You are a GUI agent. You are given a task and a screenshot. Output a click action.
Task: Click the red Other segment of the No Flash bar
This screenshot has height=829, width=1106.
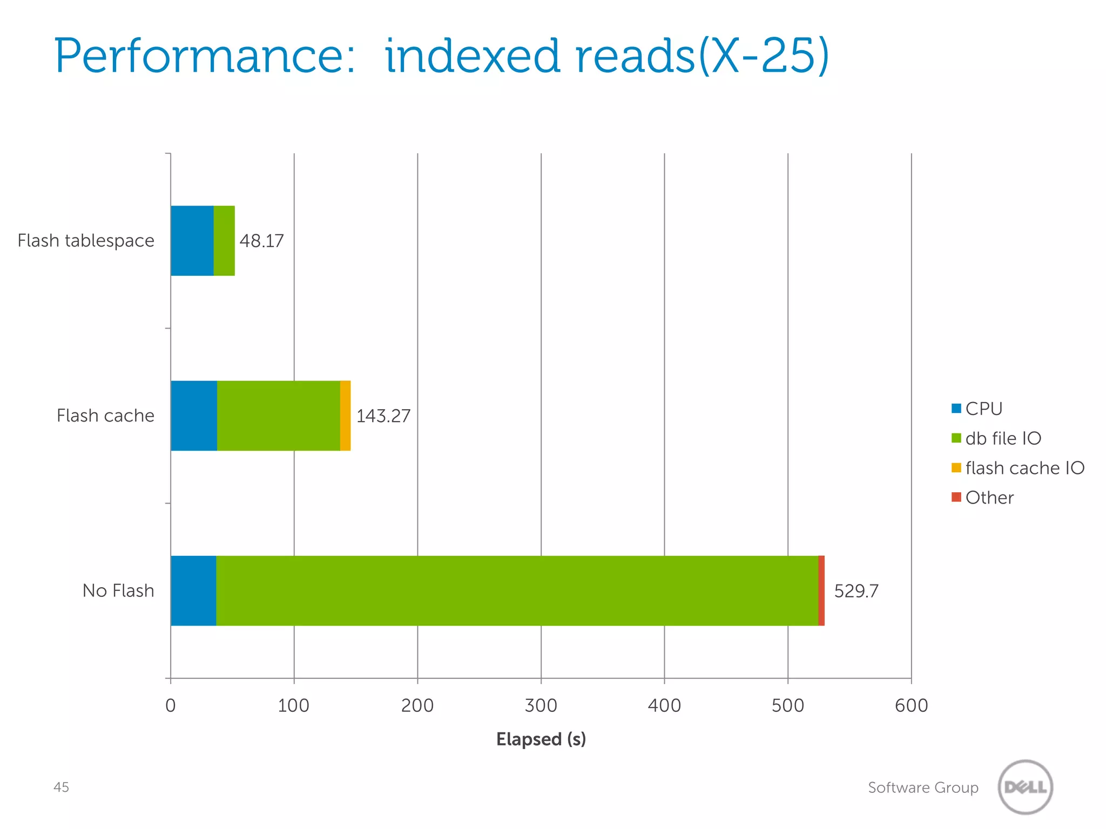[821, 590]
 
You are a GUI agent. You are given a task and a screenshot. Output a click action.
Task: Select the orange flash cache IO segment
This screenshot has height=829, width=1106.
[345, 416]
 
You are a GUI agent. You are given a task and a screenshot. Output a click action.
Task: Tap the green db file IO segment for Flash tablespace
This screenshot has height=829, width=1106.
[224, 241]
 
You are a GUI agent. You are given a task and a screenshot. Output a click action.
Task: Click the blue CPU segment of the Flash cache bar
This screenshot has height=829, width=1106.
[194, 416]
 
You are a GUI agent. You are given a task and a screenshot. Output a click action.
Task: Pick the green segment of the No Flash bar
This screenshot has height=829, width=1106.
[517, 590]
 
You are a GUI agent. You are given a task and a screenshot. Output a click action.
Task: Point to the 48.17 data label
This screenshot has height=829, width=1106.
[261, 241]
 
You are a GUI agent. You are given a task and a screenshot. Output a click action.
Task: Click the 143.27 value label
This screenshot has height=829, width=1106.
[383, 416]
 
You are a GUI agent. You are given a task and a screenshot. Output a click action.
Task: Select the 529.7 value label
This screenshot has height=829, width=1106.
[856, 591]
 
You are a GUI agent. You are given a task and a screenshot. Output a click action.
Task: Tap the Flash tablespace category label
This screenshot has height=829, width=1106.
[86, 241]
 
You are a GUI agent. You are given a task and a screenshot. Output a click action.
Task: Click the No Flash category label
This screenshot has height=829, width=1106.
[118, 591]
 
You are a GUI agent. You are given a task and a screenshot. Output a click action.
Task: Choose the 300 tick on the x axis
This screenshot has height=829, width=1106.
[541, 705]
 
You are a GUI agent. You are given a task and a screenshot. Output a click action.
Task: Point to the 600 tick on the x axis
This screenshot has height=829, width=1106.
[911, 705]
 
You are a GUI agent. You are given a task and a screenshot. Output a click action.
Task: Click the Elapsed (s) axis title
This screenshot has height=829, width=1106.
[541, 739]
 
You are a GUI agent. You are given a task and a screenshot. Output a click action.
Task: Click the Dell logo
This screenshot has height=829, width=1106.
[1025, 787]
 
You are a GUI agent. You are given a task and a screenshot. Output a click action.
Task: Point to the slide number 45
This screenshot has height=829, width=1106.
[61, 787]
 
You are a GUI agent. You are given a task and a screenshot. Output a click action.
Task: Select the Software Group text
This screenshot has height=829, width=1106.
[923, 787]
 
